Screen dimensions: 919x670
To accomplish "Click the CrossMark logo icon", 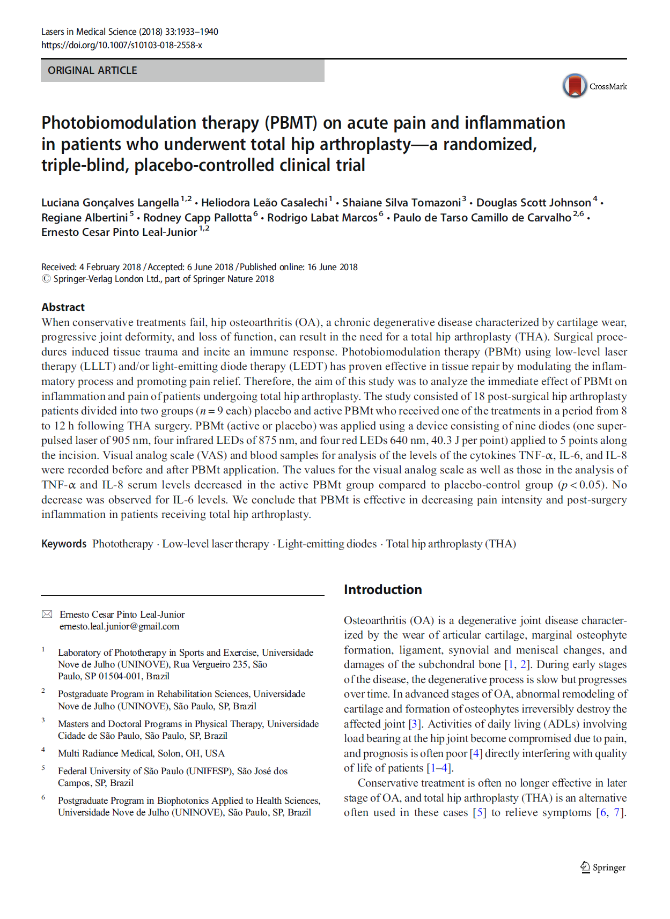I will click(x=575, y=86).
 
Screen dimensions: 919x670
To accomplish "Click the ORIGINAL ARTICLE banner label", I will click(x=92, y=71).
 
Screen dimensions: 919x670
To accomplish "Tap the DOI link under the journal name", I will click(x=122, y=46).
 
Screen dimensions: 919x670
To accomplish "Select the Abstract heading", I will click(x=63, y=307).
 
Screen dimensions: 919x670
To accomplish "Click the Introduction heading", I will click(x=382, y=590).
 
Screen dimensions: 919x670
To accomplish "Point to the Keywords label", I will click(x=64, y=544).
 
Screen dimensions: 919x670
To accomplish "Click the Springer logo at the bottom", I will click(x=603, y=867).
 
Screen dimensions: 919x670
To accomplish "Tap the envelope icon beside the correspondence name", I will click(x=47, y=614).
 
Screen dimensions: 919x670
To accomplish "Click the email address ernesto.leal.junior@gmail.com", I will click(x=119, y=626).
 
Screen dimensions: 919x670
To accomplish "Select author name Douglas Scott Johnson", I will click(x=533, y=203).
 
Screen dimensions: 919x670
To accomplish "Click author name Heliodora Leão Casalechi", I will click(x=264, y=203).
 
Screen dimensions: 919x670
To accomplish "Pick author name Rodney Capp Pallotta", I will click(x=197, y=218).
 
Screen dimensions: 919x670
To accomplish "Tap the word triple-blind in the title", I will click(x=85, y=165).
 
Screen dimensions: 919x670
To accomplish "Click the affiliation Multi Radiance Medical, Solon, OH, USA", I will click(x=141, y=753).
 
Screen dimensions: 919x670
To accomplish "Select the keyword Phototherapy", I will click(x=123, y=544).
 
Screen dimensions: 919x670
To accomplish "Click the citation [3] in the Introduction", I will click(x=414, y=724).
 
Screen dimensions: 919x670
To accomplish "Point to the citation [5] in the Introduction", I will click(x=479, y=812).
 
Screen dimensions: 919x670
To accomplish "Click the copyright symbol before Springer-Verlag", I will click(x=46, y=279).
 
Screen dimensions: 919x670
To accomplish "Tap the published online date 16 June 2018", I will click(x=332, y=267).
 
